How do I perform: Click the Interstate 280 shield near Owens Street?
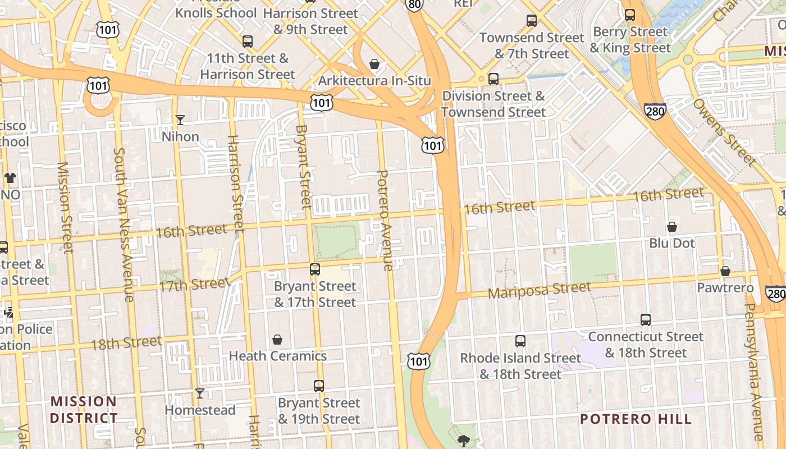tap(655, 111)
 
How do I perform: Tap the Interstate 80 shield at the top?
tap(413, 4)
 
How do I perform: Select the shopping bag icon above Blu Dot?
tap(672, 227)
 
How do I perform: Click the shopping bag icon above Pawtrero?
tap(725, 272)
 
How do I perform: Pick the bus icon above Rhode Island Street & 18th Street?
tap(520, 341)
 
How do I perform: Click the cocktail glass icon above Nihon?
tap(180, 120)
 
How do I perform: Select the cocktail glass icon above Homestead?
tap(199, 393)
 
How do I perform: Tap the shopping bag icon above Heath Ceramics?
tap(277, 340)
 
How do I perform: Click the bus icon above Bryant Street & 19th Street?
tap(319, 386)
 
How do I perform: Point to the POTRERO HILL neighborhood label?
tap(636, 419)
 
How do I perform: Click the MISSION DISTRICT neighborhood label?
tap(84, 410)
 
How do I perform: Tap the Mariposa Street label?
tap(539, 290)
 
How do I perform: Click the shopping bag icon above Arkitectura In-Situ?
tap(374, 65)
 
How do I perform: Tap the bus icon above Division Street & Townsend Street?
tap(493, 79)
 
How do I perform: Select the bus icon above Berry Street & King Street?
tap(630, 15)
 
